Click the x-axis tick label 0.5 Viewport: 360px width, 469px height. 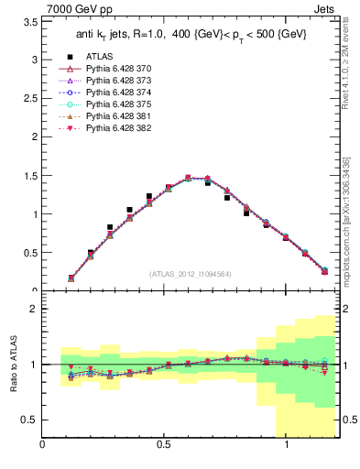(x=164, y=444)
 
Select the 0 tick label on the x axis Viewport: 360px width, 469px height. (x=42, y=444)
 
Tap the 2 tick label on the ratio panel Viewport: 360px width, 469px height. (x=33, y=309)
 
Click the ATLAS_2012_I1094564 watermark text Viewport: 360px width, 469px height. (x=191, y=274)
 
